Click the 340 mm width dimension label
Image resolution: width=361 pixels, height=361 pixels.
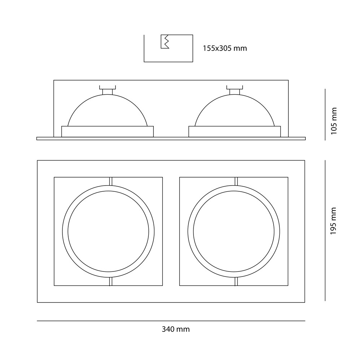coord(176,329)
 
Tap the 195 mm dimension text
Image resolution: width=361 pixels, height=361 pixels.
coord(334,221)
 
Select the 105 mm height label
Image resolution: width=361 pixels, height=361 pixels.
coord(334,121)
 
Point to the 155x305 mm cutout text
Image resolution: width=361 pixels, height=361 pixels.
coord(225,48)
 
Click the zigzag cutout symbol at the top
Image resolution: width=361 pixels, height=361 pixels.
coord(165,42)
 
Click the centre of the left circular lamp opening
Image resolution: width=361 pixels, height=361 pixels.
coord(108,231)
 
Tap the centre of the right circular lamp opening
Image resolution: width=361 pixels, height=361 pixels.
coord(234,231)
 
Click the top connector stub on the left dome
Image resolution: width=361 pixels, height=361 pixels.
coord(108,90)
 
